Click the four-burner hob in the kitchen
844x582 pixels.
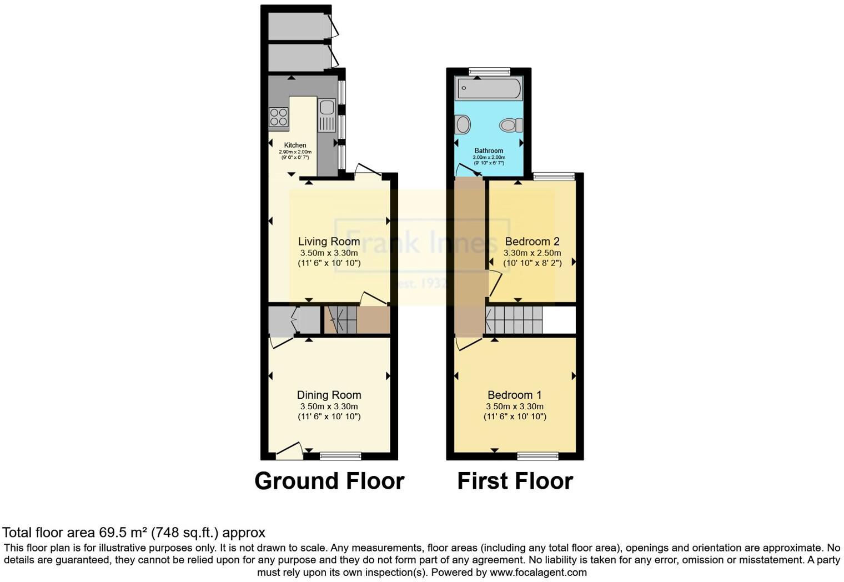point(279,117)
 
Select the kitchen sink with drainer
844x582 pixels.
point(326,114)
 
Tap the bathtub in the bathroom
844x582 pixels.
point(488,89)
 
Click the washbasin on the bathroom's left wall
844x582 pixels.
point(462,124)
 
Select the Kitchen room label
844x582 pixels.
point(295,145)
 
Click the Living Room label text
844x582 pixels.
point(329,242)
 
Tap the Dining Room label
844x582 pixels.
point(329,395)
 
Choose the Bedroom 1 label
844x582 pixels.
point(514,395)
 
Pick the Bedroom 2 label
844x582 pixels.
point(532,242)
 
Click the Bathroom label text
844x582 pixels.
point(489,150)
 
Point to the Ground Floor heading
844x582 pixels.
point(329,481)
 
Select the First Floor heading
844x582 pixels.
point(515,481)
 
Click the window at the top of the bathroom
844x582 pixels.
point(489,71)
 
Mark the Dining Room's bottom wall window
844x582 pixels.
point(340,456)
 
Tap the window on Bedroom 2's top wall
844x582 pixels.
point(554,177)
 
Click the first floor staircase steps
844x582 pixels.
point(514,320)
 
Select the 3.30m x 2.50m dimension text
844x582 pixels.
point(532,253)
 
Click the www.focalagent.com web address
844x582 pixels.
point(538,572)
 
